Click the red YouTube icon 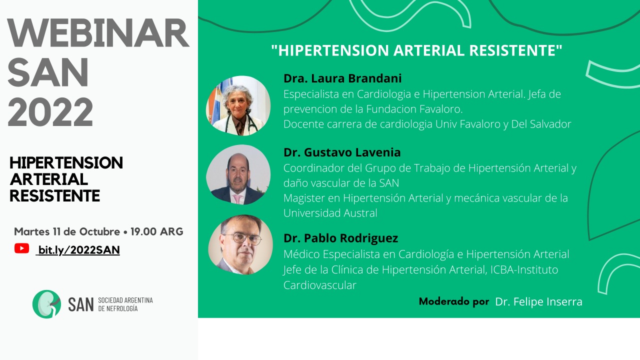click(21, 248)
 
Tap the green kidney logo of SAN click(46, 304)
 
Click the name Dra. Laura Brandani click(342, 78)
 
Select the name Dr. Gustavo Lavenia click(342, 152)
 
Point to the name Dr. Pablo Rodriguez click(340, 238)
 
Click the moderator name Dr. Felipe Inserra click(538, 301)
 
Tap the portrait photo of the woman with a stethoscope click(238, 105)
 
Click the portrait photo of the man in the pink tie click(238, 174)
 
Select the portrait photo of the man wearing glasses click(240, 245)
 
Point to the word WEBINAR click(98, 33)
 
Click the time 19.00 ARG click(157, 231)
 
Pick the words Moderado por click(454, 301)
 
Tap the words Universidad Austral click(330, 213)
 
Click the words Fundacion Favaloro click(414, 109)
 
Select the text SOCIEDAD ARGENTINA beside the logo click(125, 300)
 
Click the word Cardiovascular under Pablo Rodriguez click(320, 285)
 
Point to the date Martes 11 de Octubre click(67, 231)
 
